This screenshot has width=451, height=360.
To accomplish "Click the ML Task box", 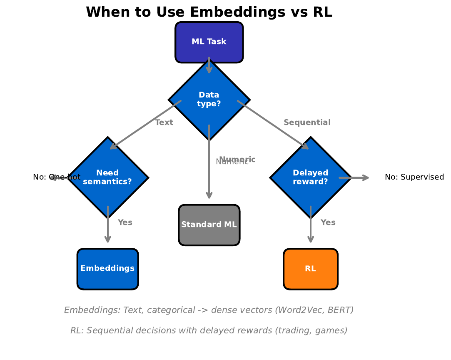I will [x=209, y=42].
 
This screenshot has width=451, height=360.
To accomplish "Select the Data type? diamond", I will [x=209, y=100].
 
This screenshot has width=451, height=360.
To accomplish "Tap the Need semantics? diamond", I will [x=107, y=177].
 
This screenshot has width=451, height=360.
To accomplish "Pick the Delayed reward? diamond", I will [x=310, y=177].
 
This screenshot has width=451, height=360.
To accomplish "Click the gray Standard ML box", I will [x=209, y=225].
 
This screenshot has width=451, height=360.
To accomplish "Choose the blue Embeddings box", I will [x=107, y=269].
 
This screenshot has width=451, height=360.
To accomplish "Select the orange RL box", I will [x=310, y=269].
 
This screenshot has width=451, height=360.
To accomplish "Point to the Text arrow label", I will [x=164, y=122].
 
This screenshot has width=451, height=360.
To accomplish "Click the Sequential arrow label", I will [x=307, y=122].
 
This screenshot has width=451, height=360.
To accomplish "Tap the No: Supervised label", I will [x=414, y=177].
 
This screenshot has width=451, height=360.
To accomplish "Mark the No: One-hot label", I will [x=57, y=177].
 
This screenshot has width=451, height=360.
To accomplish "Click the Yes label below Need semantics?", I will [x=125, y=222].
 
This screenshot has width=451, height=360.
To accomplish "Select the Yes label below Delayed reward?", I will [x=328, y=222].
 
